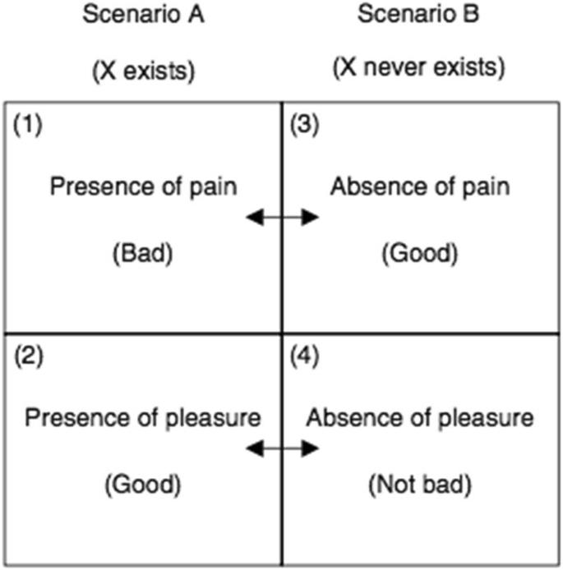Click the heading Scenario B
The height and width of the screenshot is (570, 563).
click(419, 18)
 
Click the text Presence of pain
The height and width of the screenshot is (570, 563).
click(143, 187)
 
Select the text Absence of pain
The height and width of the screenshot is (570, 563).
click(419, 187)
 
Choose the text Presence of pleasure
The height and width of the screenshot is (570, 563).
click(143, 419)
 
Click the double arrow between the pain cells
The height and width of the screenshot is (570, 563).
click(283, 217)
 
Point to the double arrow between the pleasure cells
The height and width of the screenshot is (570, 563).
click(283, 448)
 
